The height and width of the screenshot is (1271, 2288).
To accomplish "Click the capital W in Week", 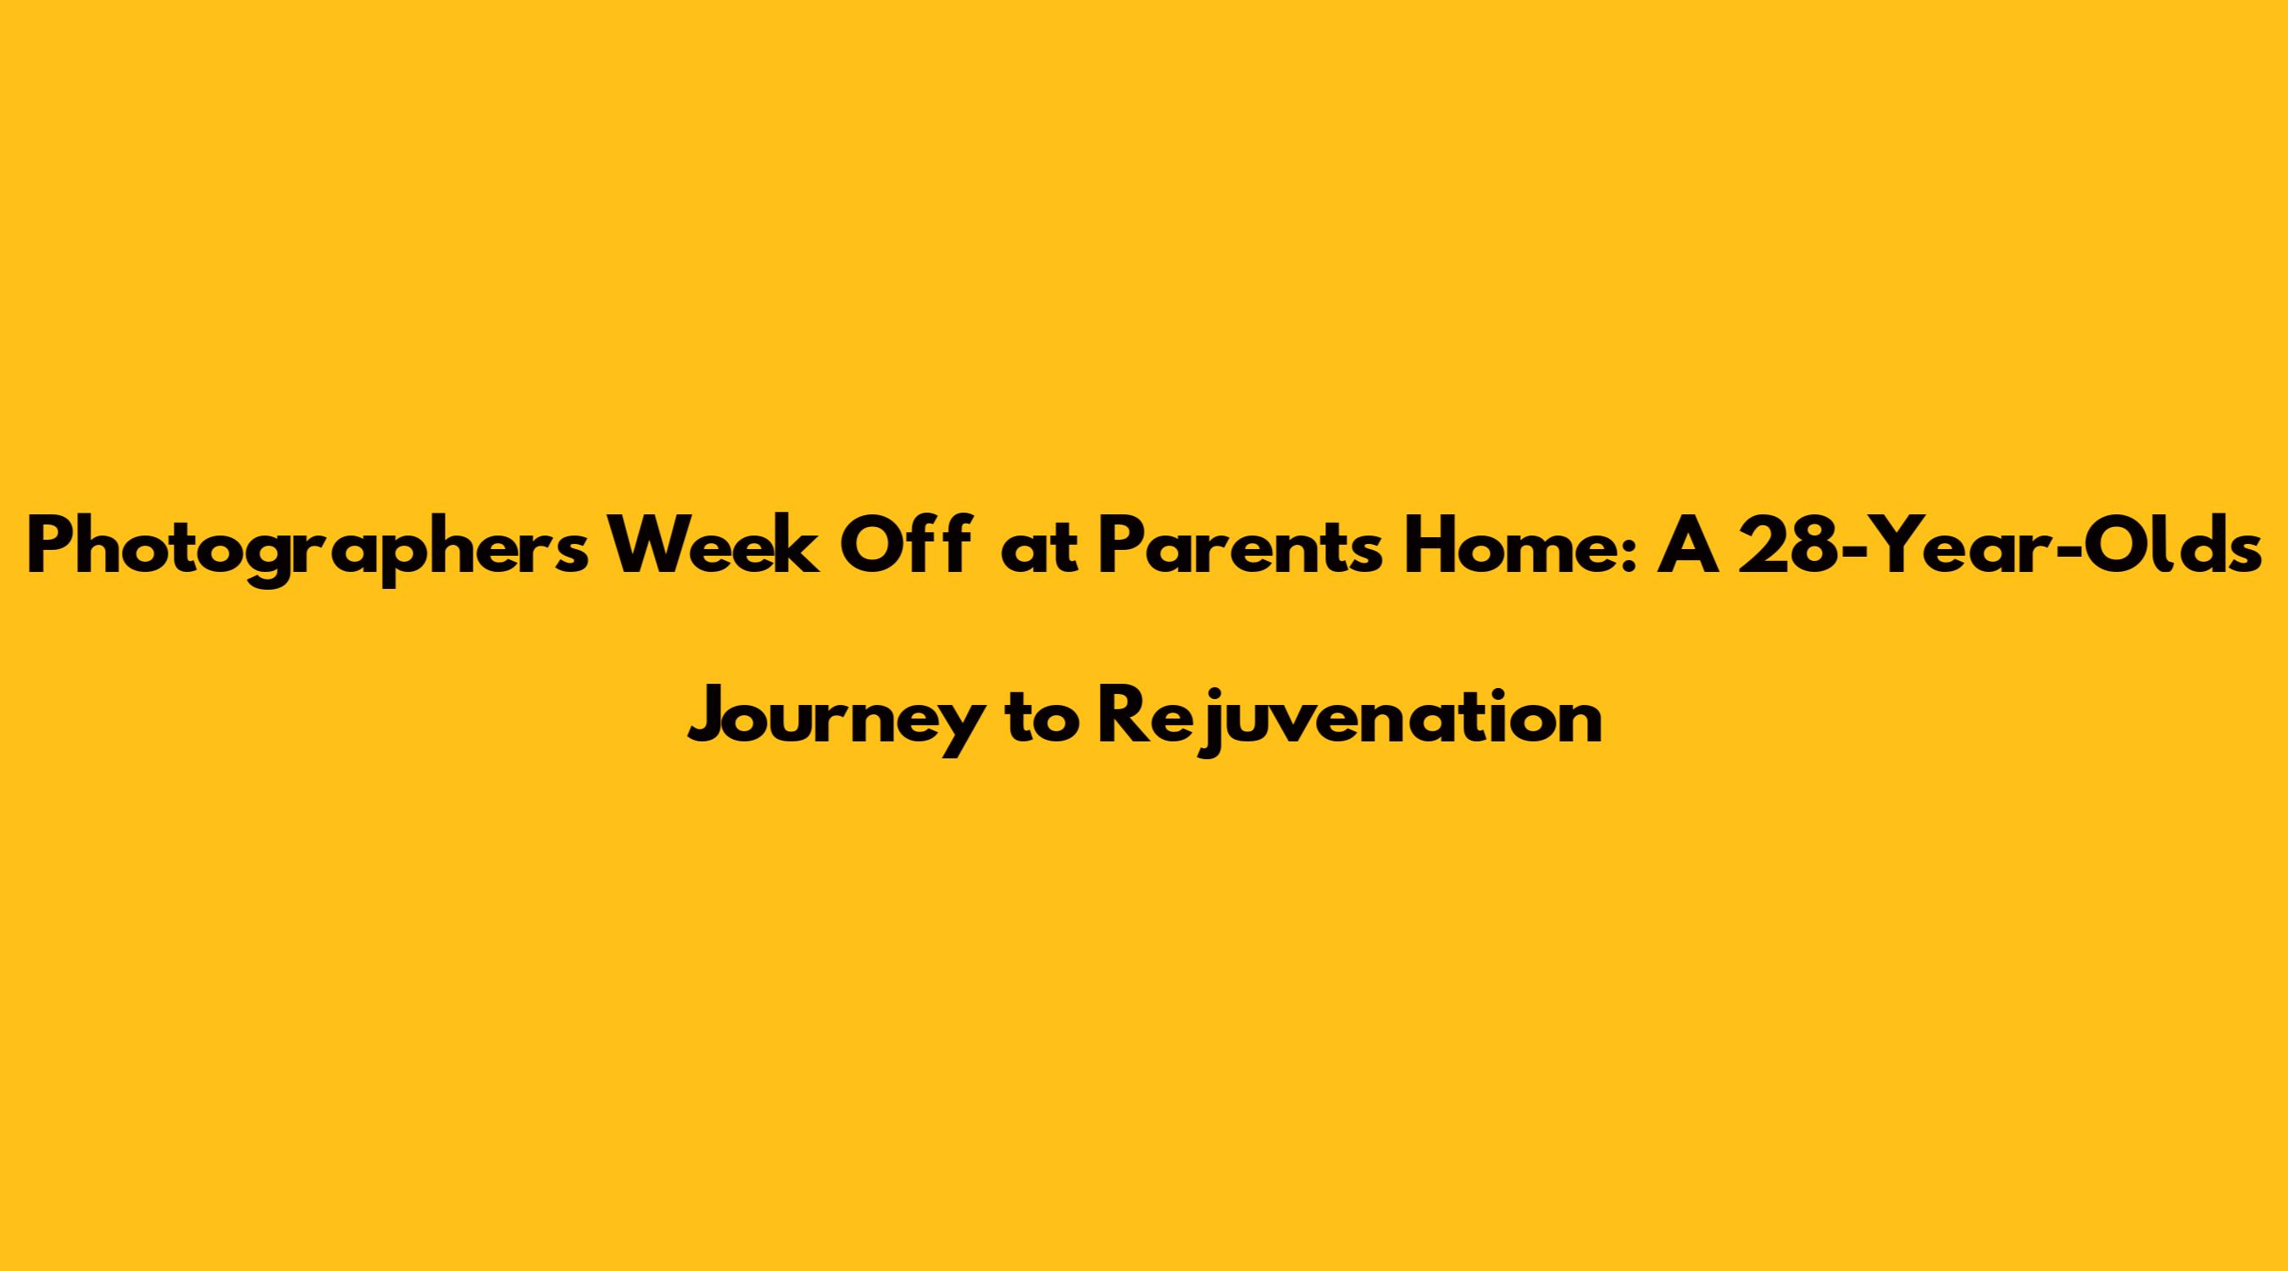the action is tap(643, 547).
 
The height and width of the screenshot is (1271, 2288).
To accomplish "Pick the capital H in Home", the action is tap(1424, 547).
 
